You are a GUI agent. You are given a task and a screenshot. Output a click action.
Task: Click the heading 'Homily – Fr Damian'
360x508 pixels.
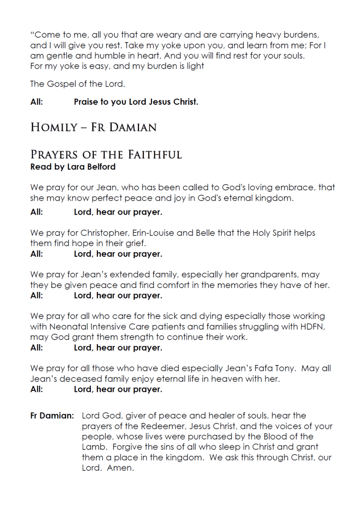click(x=93, y=127)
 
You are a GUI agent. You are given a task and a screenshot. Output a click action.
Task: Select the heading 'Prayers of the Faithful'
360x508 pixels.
click(x=106, y=154)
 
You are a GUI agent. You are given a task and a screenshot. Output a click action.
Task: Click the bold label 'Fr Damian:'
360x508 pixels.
click(x=52, y=416)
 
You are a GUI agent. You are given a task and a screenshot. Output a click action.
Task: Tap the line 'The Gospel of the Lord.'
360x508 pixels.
click(x=77, y=84)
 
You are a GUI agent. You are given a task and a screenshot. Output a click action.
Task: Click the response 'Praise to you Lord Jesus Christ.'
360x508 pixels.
click(x=136, y=102)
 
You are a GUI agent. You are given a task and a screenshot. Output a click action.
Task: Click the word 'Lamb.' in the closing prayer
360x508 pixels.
click(x=94, y=447)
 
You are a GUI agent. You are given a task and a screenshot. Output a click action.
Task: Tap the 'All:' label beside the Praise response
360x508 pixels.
click(x=37, y=102)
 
